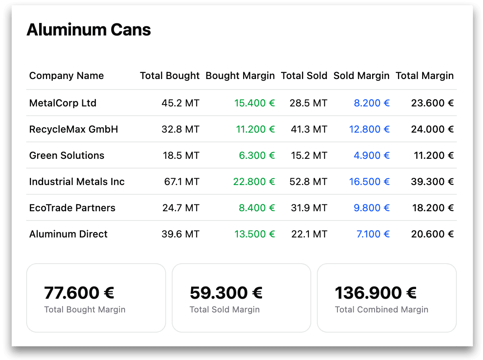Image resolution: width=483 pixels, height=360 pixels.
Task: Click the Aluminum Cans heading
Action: [89, 30]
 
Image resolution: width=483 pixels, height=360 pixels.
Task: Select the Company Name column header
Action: [67, 76]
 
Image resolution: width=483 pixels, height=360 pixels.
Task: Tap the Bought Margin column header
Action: [240, 76]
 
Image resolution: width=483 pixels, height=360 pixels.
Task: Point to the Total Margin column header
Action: [425, 76]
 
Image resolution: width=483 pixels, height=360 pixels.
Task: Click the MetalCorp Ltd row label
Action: [63, 103]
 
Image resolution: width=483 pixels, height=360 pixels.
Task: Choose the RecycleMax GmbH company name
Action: [74, 129]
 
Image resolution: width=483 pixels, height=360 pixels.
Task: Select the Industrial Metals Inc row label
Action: [77, 182]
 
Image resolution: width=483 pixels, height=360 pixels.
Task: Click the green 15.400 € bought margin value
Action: [254, 103]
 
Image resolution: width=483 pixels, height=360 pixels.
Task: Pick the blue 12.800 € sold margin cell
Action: [369, 129]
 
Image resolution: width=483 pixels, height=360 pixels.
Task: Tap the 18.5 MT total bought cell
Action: [181, 156]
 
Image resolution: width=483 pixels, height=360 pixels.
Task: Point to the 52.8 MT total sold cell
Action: [308, 182]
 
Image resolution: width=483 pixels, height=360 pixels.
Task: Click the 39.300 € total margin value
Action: [432, 182]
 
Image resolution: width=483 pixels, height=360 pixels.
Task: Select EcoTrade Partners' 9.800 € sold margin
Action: [372, 208]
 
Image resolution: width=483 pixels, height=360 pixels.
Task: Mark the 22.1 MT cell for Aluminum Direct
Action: [309, 234]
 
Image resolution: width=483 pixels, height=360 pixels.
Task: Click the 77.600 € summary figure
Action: [79, 293]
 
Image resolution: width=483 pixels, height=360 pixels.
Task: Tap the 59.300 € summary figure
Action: [226, 293]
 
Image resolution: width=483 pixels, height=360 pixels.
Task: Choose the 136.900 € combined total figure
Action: [376, 293]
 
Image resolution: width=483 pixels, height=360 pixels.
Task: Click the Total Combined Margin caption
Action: [381, 310]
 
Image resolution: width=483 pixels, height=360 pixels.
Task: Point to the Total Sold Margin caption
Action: [225, 310]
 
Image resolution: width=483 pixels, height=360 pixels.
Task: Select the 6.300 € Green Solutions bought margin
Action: [257, 156]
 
